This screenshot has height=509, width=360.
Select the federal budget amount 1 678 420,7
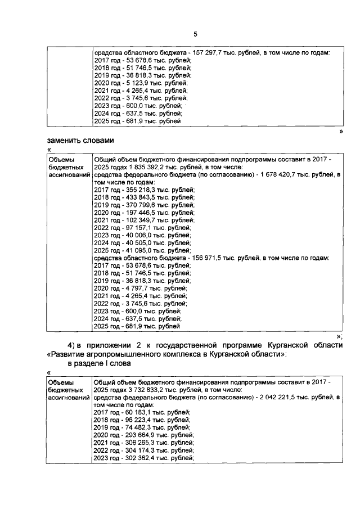tap(278, 175)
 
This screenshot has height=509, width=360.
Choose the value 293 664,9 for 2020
tap(137, 435)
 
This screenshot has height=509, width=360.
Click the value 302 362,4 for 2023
tap(137, 458)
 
